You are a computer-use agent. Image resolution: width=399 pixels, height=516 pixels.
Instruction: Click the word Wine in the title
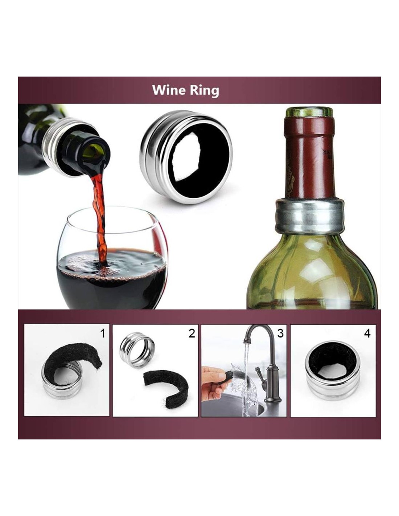169,90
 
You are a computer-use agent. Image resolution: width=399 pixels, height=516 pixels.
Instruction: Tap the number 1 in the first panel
103,333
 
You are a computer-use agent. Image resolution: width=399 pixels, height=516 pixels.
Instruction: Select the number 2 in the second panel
192,333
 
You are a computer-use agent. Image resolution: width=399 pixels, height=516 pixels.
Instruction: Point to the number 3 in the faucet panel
280,333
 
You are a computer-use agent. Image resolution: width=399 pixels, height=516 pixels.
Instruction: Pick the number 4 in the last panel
367,333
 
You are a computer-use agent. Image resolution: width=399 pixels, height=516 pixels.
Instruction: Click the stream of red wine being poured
100,216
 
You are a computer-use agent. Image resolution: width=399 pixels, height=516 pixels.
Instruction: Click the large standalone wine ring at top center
186,157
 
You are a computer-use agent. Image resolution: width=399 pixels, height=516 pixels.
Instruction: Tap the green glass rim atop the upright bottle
309,112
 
